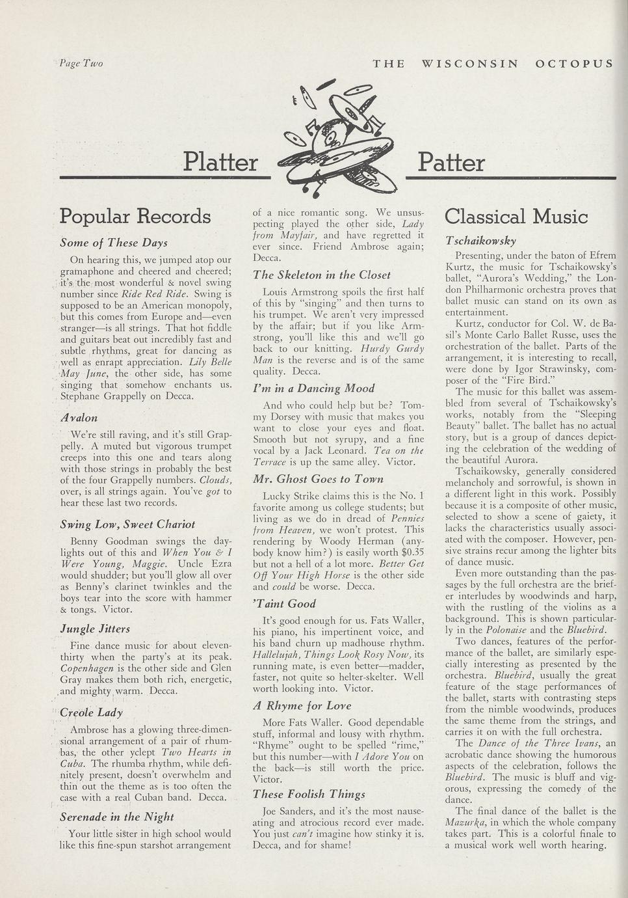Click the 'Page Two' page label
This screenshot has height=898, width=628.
(x=81, y=63)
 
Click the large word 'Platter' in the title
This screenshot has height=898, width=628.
(x=220, y=162)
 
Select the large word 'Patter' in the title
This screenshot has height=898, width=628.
(x=451, y=162)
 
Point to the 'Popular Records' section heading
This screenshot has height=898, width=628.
(x=135, y=216)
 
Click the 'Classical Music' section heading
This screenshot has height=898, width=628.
(x=516, y=216)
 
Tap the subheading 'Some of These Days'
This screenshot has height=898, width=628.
(x=114, y=243)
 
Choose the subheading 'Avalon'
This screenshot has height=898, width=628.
(x=79, y=418)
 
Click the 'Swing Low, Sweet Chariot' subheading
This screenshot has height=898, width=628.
(x=127, y=524)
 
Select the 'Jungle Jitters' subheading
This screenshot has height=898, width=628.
(x=95, y=629)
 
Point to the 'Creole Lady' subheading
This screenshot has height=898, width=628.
(x=91, y=713)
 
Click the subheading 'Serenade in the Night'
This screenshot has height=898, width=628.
(x=117, y=817)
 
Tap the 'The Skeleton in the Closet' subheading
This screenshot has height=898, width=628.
(x=322, y=275)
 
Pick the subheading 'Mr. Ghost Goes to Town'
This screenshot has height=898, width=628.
(x=319, y=479)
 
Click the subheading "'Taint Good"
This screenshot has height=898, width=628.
(x=284, y=603)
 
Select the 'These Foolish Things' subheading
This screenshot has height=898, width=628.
(x=309, y=794)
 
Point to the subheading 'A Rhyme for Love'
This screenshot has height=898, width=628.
(x=302, y=705)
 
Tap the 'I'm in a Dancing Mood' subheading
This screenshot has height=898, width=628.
(x=314, y=388)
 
